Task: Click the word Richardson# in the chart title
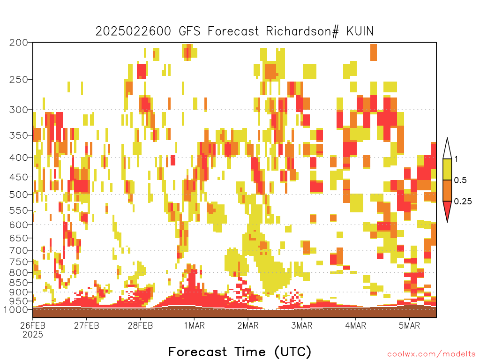[x=302, y=31]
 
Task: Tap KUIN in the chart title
[x=360, y=31]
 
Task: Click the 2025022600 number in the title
[x=133, y=31]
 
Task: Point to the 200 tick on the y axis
[x=19, y=42]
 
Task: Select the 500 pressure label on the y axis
[x=19, y=195]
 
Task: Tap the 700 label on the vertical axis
[x=19, y=250]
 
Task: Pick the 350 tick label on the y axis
[x=19, y=135]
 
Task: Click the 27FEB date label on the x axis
[x=87, y=325]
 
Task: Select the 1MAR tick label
[x=195, y=325]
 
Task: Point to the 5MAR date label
[x=409, y=325]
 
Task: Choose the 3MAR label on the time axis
[x=301, y=325]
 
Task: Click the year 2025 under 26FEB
[x=33, y=335]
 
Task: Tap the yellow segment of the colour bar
[x=447, y=169]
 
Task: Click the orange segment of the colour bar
[x=447, y=190]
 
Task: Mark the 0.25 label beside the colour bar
[x=463, y=201]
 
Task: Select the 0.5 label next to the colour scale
[x=460, y=180]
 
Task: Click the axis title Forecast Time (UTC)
[x=240, y=352]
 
